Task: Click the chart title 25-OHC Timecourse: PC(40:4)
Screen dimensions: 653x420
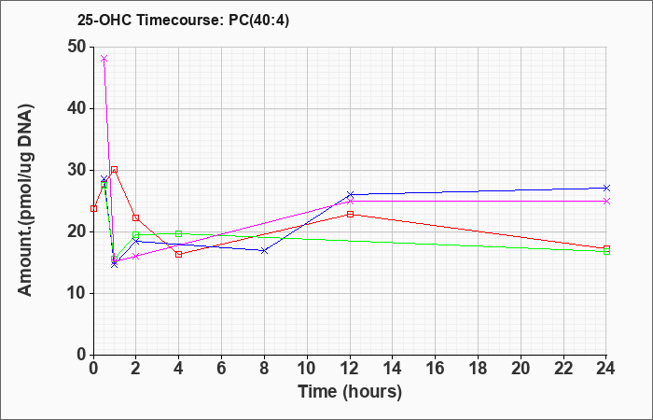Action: pyautogui.click(x=183, y=21)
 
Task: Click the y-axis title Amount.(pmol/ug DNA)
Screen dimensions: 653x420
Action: pyautogui.click(x=25, y=200)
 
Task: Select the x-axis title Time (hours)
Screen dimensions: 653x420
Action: pyautogui.click(x=350, y=392)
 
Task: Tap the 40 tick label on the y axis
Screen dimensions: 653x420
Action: pyautogui.click(x=77, y=109)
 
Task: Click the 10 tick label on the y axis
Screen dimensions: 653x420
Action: pyautogui.click(x=77, y=293)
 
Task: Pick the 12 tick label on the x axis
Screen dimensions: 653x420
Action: pyautogui.click(x=350, y=369)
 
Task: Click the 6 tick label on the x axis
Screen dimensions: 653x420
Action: pyautogui.click(x=222, y=369)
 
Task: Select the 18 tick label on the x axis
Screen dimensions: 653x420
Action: pyautogui.click(x=478, y=369)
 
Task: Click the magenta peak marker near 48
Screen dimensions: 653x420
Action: pyautogui.click(x=104, y=58)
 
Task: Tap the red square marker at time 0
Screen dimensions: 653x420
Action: pyautogui.click(x=93, y=208)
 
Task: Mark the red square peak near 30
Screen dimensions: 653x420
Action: pyautogui.click(x=114, y=170)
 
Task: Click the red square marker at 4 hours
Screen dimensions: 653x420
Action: pyautogui.click(x=179, y=254)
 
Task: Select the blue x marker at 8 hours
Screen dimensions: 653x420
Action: pyautogui.click(x=264, y=250)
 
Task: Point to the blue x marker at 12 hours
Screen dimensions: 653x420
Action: pyautogui.click(x=350, y=194)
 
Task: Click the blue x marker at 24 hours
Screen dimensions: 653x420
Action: pyautogui.click(x=606, y=188)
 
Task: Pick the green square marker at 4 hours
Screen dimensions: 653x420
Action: pyautogui.click(x=179, y=233)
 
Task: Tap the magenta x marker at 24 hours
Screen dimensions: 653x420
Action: pyautogui.click(x=606, y=202)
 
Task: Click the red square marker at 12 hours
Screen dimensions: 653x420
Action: pyautogui.click(x=350, y=214)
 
